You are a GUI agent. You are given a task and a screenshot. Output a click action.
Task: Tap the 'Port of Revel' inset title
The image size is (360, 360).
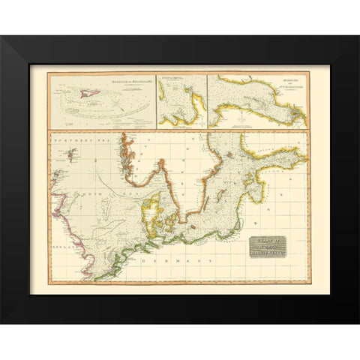click(171, 79)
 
